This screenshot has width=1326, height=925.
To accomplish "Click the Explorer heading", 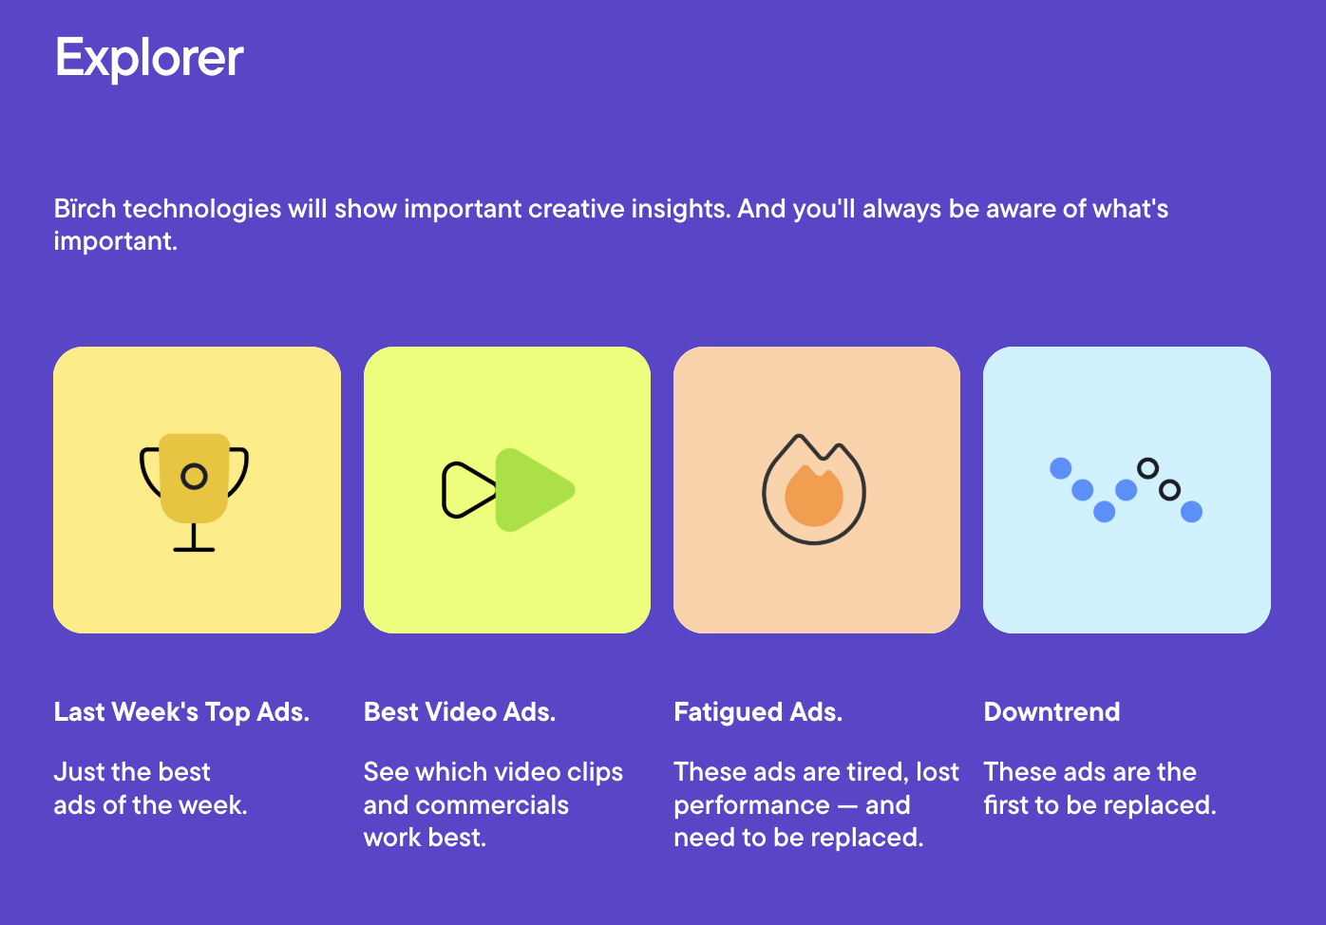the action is coord(149,58).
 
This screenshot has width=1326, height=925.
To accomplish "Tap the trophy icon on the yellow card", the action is coord(194,492).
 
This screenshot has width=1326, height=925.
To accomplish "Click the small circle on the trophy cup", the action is coord(194,477).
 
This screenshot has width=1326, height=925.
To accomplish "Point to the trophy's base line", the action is coord(194,550).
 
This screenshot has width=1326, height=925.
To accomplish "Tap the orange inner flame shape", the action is coord(814,496).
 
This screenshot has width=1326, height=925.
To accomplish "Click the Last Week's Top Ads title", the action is coord(181,712).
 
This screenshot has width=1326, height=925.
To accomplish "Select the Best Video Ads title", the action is coord(460,712).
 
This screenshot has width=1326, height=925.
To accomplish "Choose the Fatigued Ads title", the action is coord(758,712).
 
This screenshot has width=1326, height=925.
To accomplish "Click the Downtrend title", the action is coord(1051,712).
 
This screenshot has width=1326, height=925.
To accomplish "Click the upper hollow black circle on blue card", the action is coord(1147,469).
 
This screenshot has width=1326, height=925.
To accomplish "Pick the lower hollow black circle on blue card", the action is coord(1169,490).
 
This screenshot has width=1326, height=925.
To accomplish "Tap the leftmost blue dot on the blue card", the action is coord(1061,469).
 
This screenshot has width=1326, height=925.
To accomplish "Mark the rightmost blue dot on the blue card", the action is coord(1192,512).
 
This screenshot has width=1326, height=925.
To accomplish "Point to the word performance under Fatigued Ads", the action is coord(751,805).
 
